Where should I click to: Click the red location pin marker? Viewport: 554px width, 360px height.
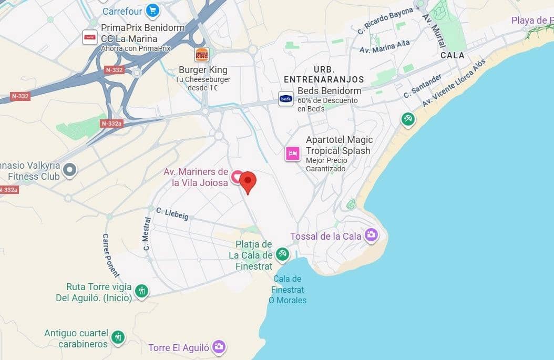[248, 181]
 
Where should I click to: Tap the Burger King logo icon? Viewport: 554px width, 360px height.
[202, 55]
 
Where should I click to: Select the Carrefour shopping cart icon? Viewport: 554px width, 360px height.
[152, 10]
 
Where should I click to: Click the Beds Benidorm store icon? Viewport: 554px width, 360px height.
[286, 98]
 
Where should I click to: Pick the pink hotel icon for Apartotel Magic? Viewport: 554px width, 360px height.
[293, 153]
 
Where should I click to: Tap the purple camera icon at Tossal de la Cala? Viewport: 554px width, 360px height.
[372, 235]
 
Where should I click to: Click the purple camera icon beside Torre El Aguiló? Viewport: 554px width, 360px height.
[219, 346]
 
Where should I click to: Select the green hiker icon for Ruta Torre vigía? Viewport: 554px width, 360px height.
[141, 291]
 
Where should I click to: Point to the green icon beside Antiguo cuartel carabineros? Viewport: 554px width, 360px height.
[118, 337]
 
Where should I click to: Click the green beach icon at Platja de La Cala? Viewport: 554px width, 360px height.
[283, 254]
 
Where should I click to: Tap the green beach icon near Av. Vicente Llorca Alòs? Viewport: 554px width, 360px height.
[408, 119]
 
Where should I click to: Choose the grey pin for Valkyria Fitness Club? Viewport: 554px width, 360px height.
[69, 170]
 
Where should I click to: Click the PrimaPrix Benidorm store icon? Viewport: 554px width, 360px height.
[90, 37]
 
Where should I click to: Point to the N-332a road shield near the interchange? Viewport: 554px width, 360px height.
[111, 124]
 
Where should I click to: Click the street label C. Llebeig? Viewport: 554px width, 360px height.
[172, 213]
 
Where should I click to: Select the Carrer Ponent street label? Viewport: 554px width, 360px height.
[110, 255]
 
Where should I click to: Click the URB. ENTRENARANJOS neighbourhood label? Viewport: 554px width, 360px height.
[324, 74]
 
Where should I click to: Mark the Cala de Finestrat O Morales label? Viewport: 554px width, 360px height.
[288, 289]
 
